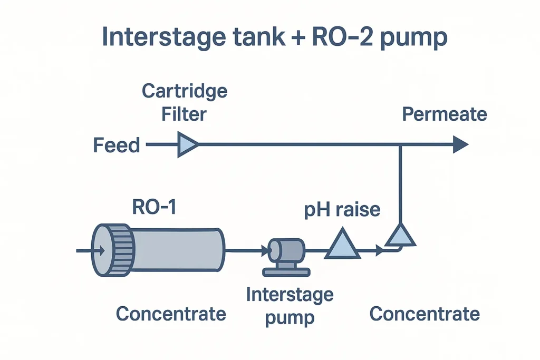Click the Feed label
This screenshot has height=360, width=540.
tap(117, 145)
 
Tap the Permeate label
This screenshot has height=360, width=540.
tap(445, 114)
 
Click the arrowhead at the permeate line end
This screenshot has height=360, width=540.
tap(460, 144)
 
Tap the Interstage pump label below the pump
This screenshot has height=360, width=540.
tap(290, 306)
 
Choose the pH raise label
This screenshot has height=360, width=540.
tap(342, 209)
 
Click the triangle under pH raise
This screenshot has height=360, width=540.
tap(342, 245)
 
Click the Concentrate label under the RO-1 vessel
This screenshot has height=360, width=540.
tap(171, 314)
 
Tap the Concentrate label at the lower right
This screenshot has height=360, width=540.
tap(425, 314)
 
